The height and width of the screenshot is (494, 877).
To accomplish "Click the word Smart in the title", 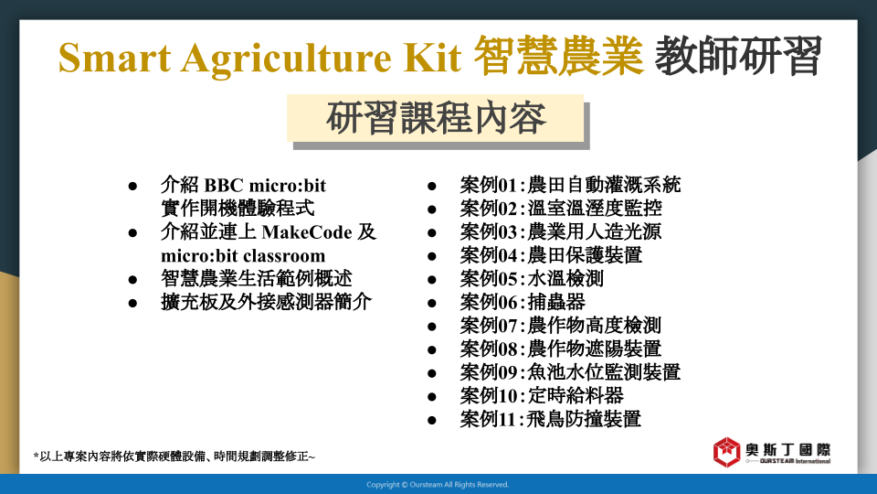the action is coord(114,57).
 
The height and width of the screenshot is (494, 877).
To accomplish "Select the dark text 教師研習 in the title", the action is coord(738,56).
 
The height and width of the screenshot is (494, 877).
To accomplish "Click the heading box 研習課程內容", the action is coord(435,118).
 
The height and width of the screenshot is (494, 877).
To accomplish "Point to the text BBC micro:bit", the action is coord(265,186).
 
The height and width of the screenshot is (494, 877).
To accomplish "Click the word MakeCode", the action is coord(307,232).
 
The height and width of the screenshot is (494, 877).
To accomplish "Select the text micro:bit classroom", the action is coord(243,256).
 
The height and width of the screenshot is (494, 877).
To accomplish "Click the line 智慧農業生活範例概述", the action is coord(256,279).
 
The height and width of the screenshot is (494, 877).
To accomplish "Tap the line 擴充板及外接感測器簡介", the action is coord(266,303).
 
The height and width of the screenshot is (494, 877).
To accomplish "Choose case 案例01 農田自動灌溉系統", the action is coord(570,185).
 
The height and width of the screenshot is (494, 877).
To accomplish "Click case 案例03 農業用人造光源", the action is coord(560,231).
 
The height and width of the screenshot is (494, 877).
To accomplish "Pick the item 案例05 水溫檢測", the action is coord(532,279).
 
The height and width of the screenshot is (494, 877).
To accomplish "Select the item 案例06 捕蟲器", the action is coord(523,303).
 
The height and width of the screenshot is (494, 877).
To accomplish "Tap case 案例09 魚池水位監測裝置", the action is coord(570,372).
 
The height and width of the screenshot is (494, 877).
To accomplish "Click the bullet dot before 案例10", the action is coord(432,397).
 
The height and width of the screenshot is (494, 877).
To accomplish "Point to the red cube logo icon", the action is coord(726,452).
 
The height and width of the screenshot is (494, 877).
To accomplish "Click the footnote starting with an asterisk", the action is coord(174,456).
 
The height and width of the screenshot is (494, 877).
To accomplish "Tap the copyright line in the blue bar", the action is coord(438,485).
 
